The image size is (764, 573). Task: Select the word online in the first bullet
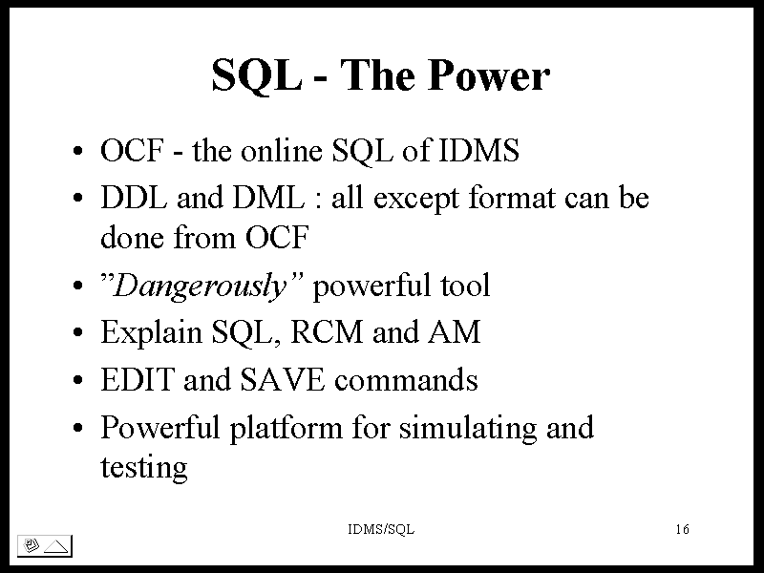click(281, 150)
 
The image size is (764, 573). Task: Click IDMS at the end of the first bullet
click(479, 150)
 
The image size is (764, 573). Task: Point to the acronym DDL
click(134, 198)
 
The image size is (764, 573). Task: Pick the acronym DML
click(268, 198)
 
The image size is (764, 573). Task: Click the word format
click(512, 198)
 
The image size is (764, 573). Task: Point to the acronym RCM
click(327, 332)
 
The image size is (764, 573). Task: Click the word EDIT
click(138, 379)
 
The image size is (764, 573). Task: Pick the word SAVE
click(282, 379)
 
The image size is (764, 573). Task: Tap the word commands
click(406, 379)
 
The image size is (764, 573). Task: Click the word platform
click(286, 428)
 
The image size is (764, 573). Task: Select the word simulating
click(468, 428)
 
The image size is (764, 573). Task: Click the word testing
click(144, 468)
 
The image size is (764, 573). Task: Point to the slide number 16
click(682, 529)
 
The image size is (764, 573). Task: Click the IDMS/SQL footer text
click(381, 529)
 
